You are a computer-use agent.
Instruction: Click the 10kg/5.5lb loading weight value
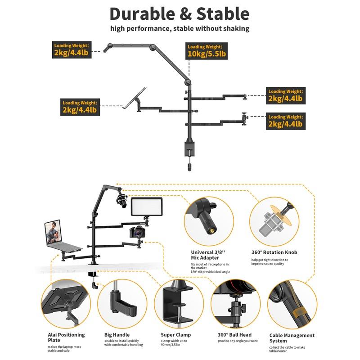207,54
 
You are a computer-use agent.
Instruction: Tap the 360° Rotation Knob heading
274,252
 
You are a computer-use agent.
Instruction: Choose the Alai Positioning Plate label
66,337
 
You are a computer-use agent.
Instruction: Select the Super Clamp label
176,335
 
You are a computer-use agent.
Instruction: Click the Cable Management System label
292,338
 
